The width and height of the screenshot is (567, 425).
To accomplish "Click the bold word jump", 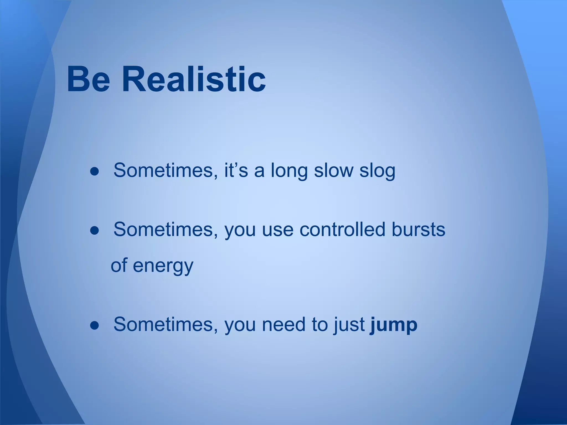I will click(x=393, y=325).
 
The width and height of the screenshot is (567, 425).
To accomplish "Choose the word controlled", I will click(x=342, y=230).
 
